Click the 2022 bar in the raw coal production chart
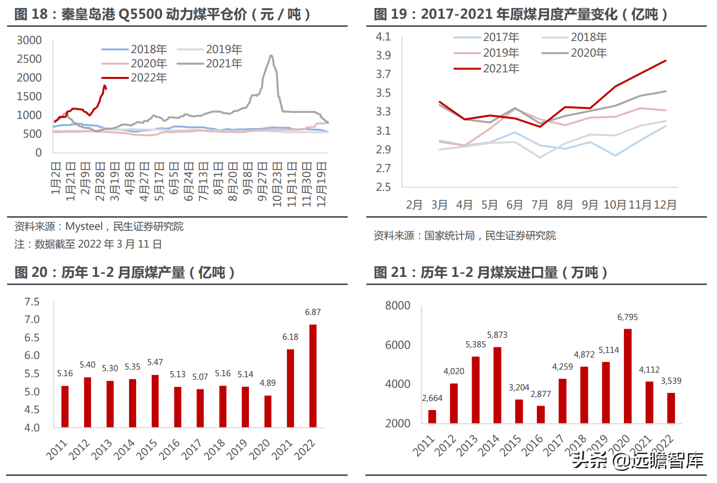pos(313,376)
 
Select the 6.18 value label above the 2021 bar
pos(290,337)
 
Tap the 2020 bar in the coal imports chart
pos(627,376)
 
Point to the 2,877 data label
pos(540,394)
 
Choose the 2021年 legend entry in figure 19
pos(486,68)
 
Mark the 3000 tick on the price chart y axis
pos(29,40)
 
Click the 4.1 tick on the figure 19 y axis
pos(383,36)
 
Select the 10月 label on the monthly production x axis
pos(615,205)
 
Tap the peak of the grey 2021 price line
pos(272,56)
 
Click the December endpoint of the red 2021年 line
pos(665,61)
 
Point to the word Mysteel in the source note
pos(84,226)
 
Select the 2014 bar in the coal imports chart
pos(497,385)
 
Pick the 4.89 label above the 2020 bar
pos(268,383)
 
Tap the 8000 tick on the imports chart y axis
pos(397,305)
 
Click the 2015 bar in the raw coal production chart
pos(155,401)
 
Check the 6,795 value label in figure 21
pos(627,317)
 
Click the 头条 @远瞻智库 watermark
pos(638,460)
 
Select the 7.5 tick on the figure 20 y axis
pos(32,302)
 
